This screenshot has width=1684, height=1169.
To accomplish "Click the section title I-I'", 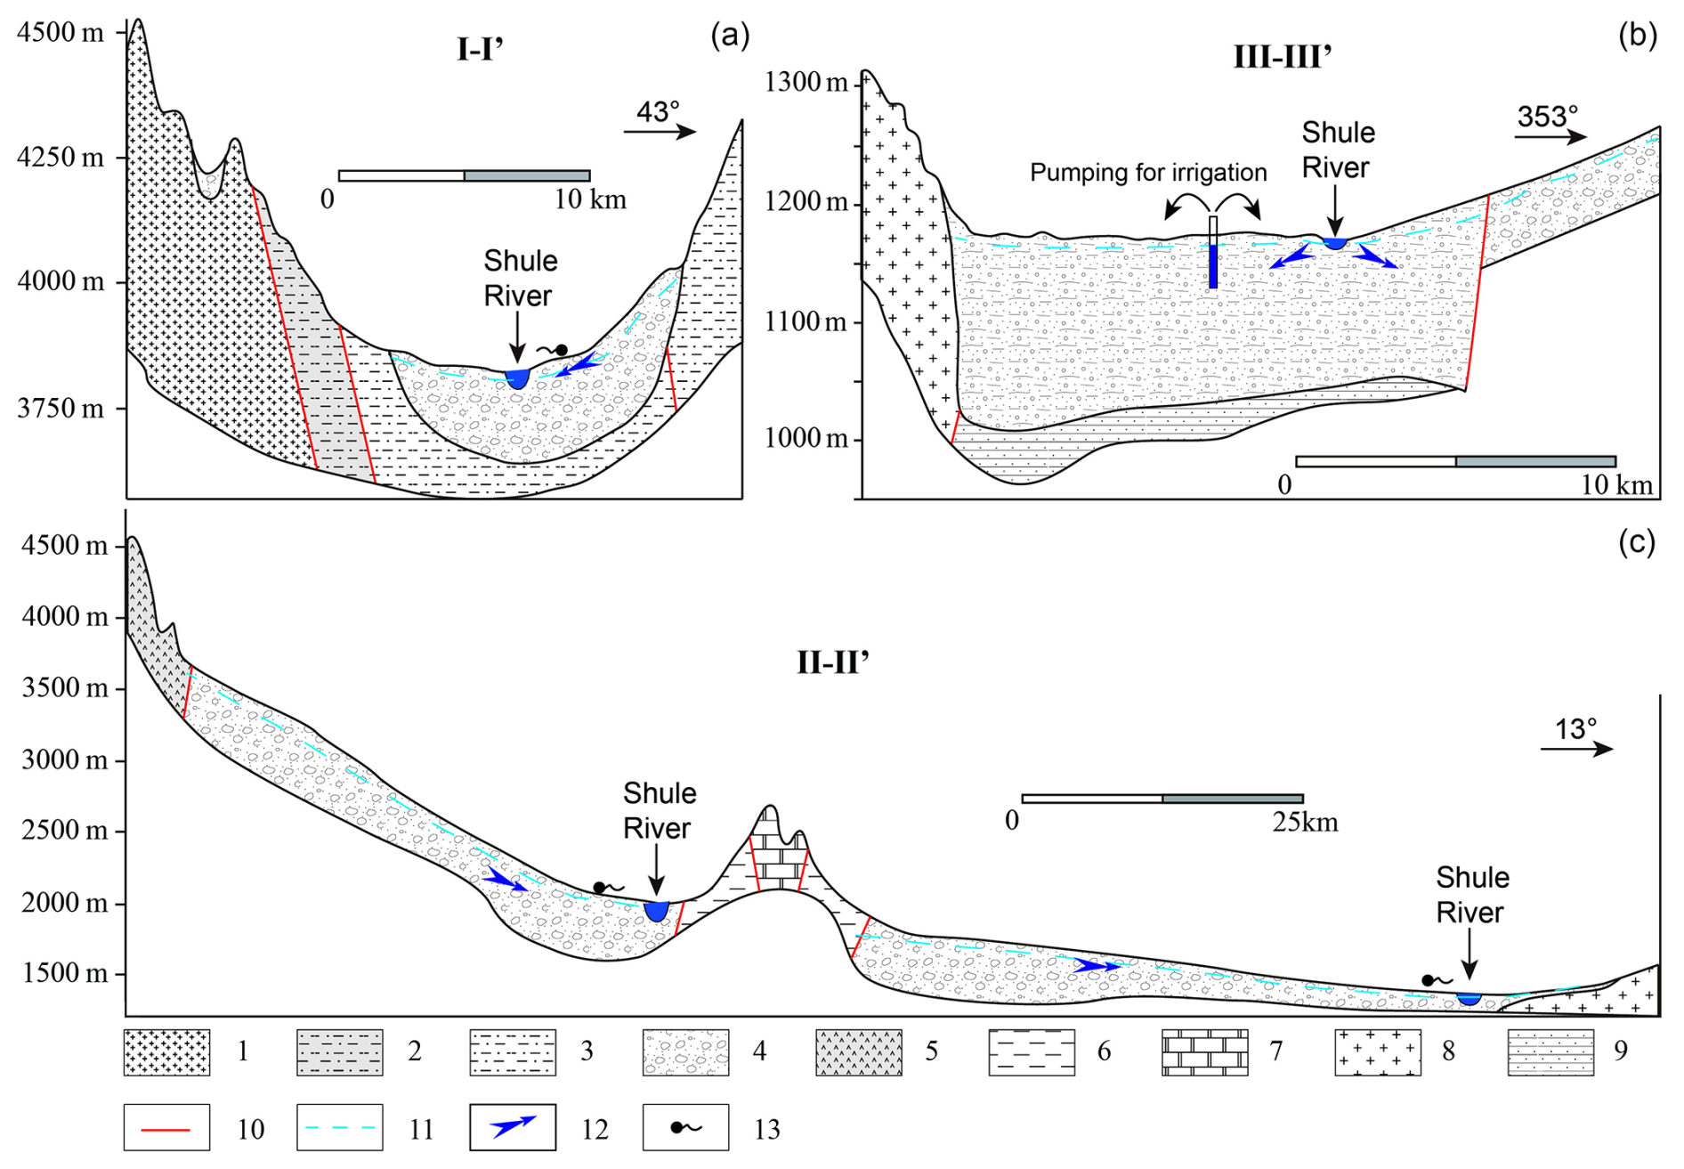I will [480, 50].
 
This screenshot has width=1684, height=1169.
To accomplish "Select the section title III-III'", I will [1282, 57].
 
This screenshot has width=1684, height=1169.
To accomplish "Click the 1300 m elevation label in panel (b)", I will [806, 83].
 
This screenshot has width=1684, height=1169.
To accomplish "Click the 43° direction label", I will [658, 112].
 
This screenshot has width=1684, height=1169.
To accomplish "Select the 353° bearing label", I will [1547, 117].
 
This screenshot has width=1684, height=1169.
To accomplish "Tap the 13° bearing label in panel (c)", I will [1575, 729].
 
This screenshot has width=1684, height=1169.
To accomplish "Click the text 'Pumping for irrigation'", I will [1148, 172].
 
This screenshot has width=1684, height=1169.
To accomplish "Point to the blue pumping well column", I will [1212, 265].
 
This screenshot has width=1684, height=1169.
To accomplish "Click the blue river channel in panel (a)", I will [517, 378].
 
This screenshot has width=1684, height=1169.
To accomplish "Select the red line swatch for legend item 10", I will [166, 1128].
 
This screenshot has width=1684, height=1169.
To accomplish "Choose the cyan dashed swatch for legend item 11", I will [339, 1128].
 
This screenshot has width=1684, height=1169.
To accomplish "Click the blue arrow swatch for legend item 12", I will [513, 1127].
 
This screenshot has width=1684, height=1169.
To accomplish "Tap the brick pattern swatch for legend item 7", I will [1204, 1052].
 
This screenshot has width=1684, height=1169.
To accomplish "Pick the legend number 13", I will [766, 1129].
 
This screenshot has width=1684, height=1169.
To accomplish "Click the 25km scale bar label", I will [1304, 821].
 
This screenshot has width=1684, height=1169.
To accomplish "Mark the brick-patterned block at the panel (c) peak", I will [780, 862].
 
